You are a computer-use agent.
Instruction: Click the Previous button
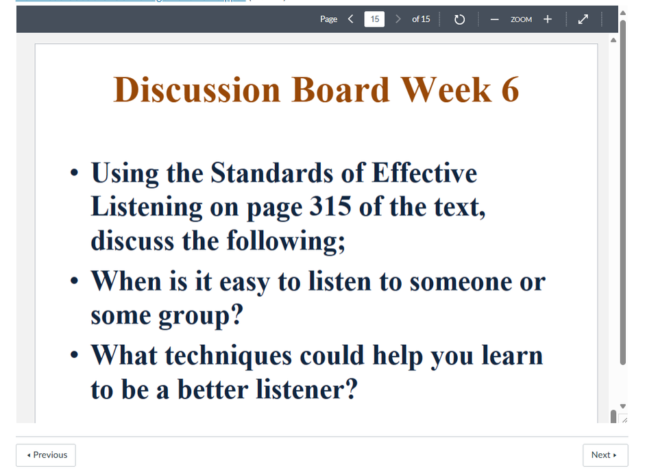[46, 455]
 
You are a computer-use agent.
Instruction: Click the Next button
[605, 455]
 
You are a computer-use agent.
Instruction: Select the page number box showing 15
[374, 19]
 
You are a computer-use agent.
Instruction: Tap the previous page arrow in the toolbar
[351, 19]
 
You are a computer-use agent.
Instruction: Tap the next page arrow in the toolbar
[398, 19]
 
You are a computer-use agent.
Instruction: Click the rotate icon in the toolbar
[459, 19]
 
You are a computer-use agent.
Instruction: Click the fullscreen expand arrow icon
[583, 19]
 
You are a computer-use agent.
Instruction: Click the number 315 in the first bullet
[330, 206]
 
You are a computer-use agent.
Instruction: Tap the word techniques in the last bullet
[228, 356]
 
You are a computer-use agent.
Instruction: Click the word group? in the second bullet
[201, 315]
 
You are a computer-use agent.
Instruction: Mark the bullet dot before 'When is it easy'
[74, 281]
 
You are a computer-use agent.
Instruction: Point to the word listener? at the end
[307, 389]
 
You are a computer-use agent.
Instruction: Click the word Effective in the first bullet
[424, 173]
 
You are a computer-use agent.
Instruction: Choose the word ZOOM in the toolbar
[521, 19]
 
